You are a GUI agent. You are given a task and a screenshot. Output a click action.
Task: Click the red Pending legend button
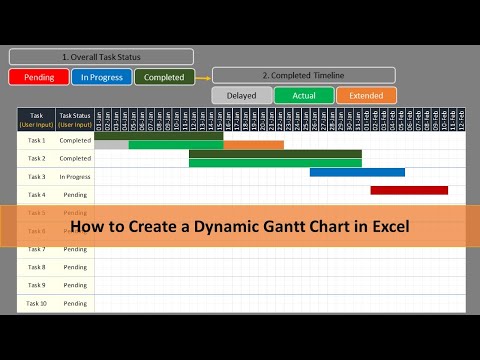(38, 76)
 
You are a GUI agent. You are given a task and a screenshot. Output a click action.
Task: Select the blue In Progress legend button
(101, 76)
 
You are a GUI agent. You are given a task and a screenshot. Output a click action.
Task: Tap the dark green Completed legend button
(164, 76)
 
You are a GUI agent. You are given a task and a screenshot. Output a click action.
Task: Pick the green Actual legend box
(303, 96)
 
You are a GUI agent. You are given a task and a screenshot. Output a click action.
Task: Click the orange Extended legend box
(366, 96)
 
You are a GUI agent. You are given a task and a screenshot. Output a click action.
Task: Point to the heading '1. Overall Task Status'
(101, 56)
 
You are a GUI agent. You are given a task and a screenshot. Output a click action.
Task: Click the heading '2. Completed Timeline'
(303, 75)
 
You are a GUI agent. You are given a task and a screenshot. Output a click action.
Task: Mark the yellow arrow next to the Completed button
(203, 76)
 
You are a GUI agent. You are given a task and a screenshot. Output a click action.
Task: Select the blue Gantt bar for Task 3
(357, 172)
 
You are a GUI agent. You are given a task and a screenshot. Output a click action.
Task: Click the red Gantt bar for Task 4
(409, 190)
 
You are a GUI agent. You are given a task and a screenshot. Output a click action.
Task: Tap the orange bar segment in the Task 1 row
(253, 145)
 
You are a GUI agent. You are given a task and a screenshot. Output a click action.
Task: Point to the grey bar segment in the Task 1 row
(111, 145)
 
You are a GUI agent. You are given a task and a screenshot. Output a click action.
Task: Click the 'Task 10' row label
(36, 303)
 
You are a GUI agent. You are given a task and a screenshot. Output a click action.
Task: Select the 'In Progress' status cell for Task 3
(75, 176)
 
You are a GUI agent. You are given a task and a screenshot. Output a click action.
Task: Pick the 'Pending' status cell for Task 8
(75, 267)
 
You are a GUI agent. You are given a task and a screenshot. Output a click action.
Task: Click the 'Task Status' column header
(75, 118)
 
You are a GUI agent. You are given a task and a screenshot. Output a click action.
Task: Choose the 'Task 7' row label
(36, 249)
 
